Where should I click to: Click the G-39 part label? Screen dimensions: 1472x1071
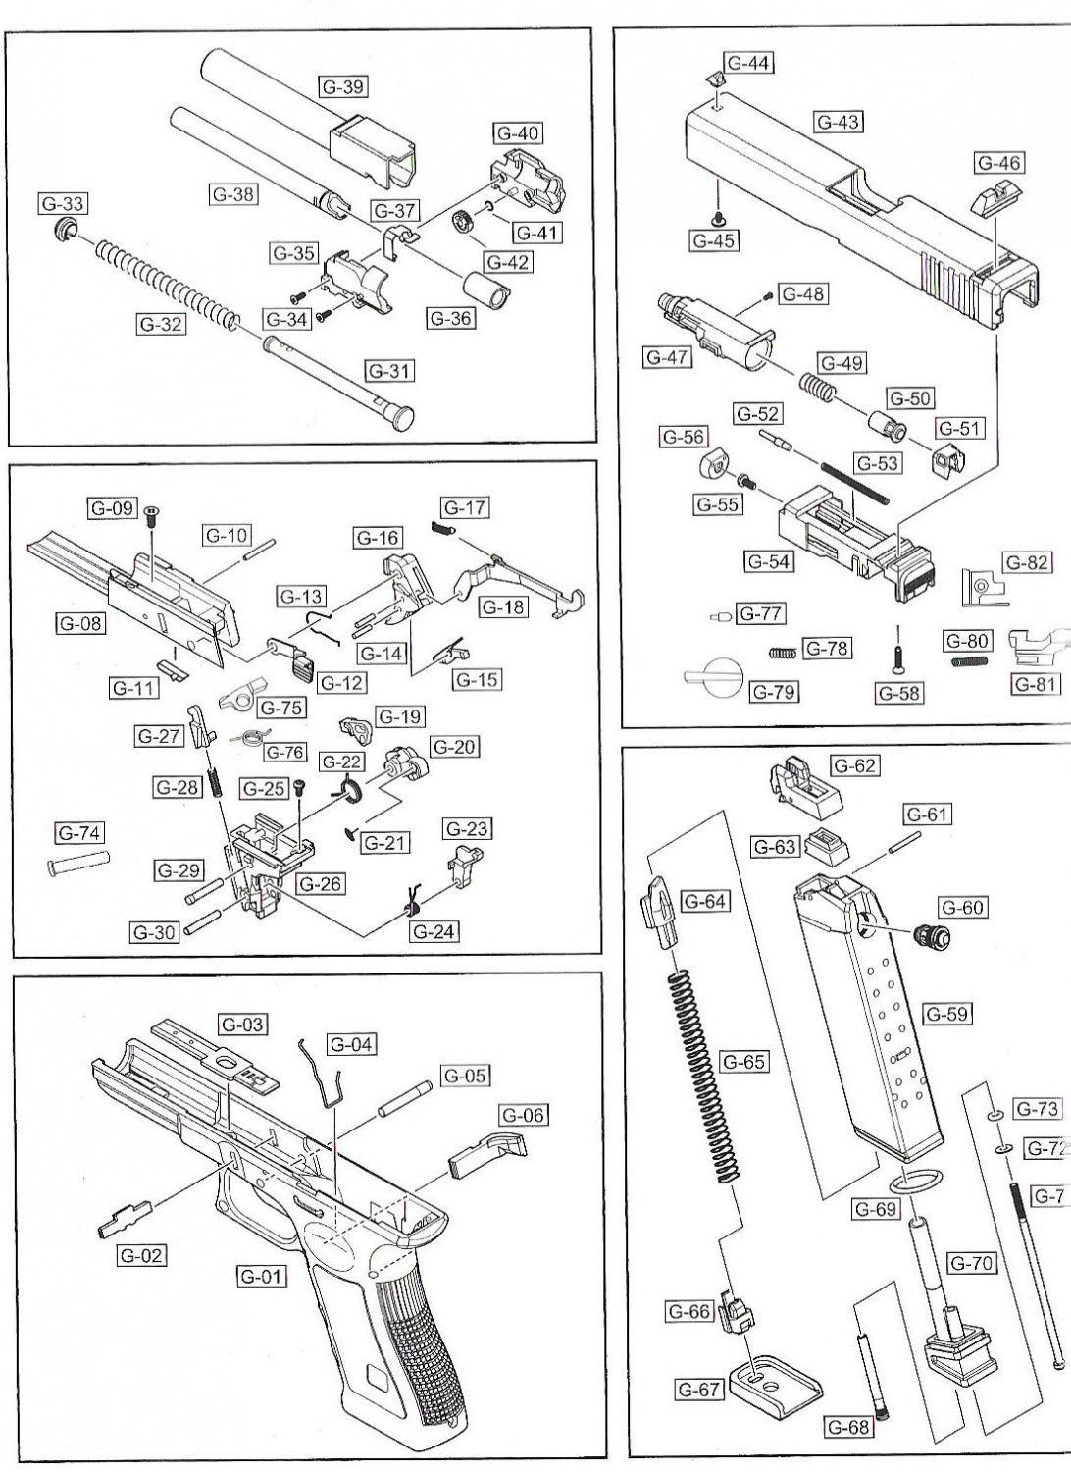(x=342, y=86)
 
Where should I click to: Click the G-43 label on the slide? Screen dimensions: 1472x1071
(x=838, y=122)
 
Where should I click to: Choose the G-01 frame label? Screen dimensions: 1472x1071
(x=260, y=1276)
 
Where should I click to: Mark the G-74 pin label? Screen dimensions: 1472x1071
(x=79, y=833)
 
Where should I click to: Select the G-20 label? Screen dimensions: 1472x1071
(x=452, y=747)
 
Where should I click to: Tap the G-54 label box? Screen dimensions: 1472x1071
(x=769, y=561)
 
